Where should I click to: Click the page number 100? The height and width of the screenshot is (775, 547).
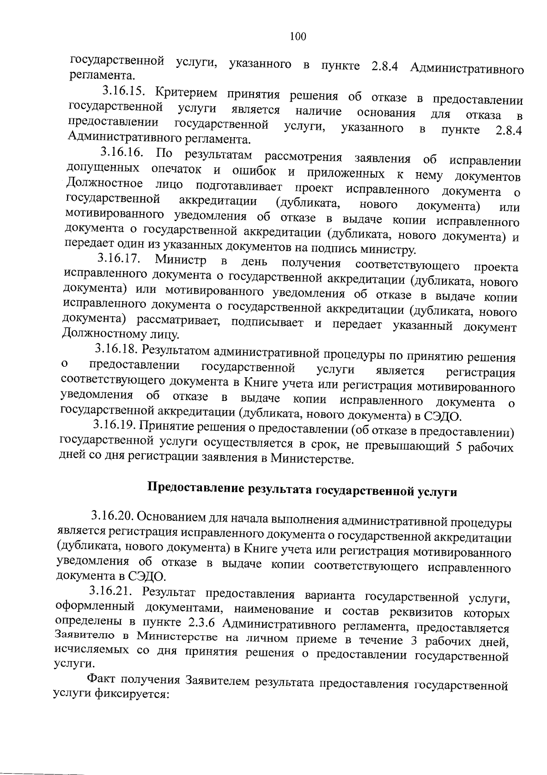pos(298,36)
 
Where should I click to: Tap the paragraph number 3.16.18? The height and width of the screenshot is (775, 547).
pos(116,349)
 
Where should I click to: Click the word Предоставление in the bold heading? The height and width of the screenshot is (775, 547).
pos(196,487)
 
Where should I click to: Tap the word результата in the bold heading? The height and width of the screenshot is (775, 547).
pos(280,489)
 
